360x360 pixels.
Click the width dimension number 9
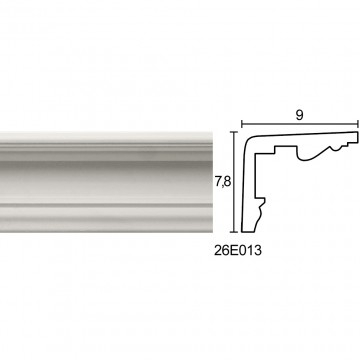coord(299,115)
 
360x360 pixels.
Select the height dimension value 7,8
coord(223,182)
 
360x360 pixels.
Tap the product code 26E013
coord(238,250)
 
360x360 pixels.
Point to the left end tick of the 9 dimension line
coord(242,124)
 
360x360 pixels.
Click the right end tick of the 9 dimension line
coord(358,124)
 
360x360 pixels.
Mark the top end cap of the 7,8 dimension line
coord(235,132)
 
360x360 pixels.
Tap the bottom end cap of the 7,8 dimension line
coord(235,231)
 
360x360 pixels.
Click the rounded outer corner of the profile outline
coord(248,140)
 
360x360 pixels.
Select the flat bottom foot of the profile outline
coord(247,231)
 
